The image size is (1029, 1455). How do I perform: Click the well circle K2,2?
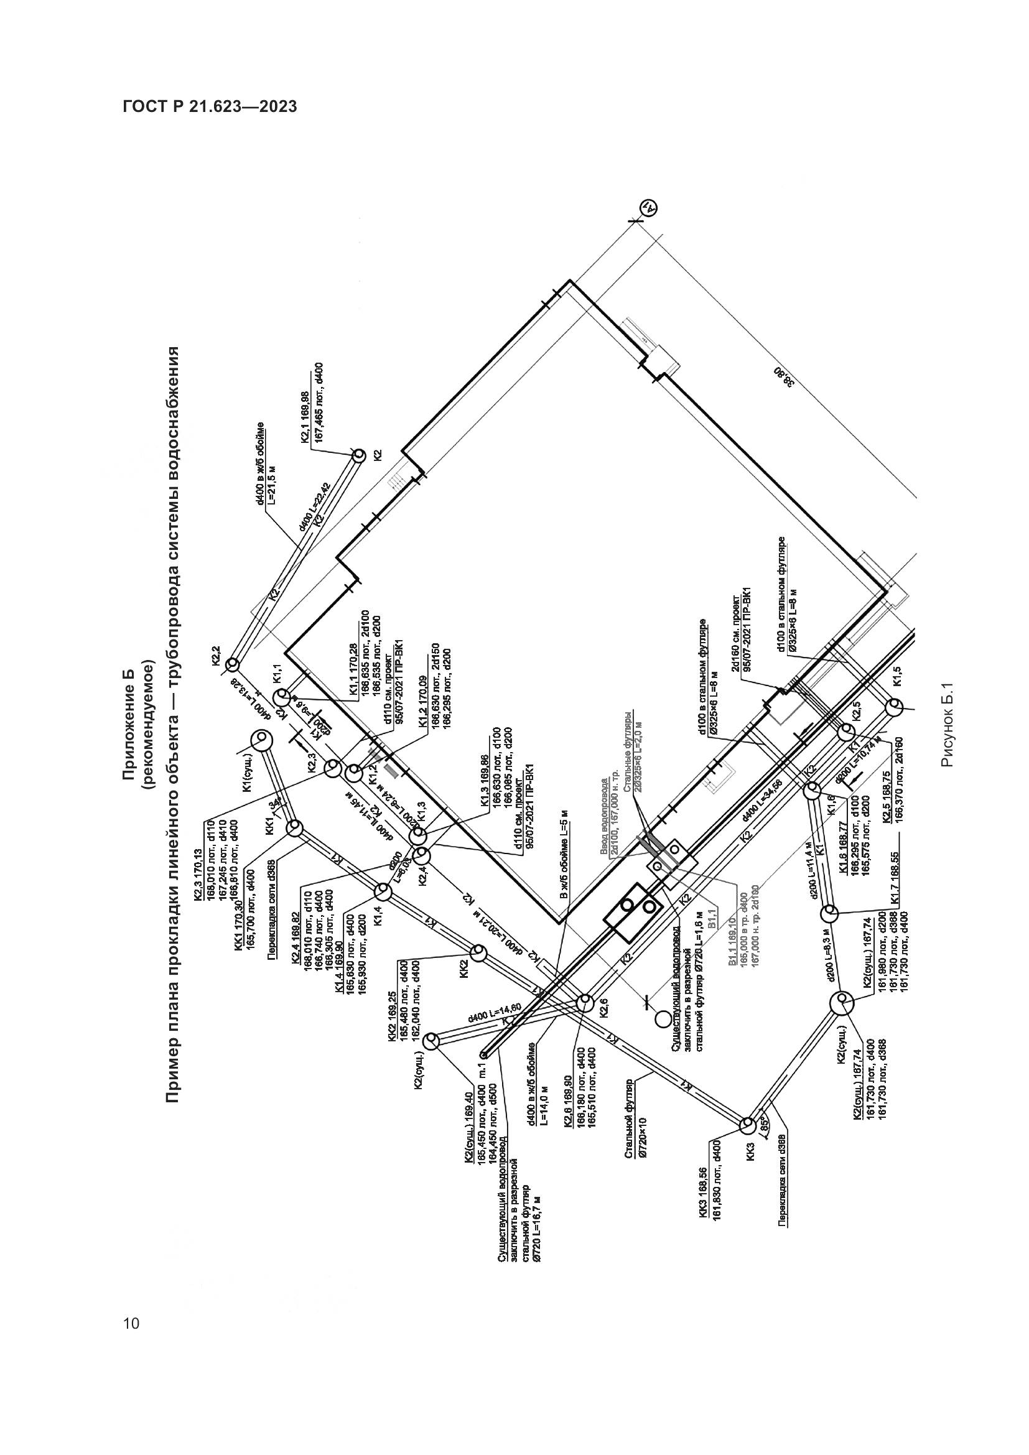click(x=232, y=664)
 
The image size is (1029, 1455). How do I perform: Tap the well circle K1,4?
click(x=382, y=891)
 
